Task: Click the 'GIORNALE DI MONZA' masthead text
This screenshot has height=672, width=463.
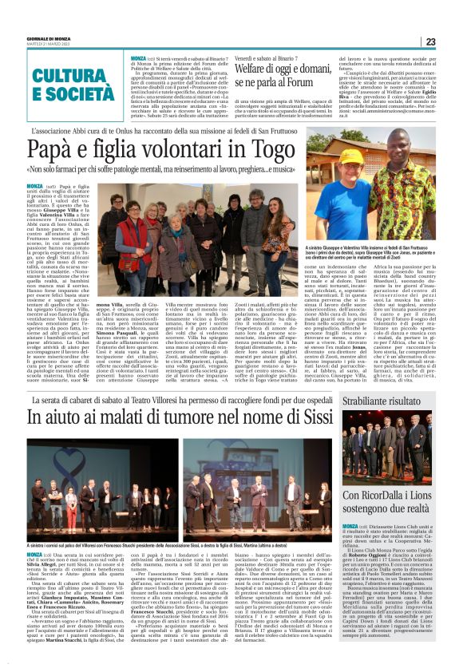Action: click(27, 38)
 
